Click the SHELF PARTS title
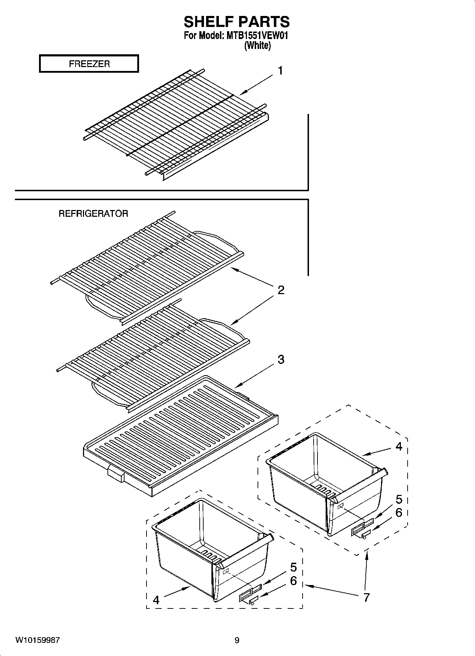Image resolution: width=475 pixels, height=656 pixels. pos(237,22)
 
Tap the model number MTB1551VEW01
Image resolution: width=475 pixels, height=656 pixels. pos(255,36)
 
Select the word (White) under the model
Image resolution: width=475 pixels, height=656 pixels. pos(258,45)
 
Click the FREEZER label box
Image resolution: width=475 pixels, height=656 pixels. pos(89,64)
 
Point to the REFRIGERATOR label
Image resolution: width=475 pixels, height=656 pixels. pos(93,214)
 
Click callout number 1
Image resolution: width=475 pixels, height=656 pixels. pos(280,71)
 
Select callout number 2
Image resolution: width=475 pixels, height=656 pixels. pos(281,291)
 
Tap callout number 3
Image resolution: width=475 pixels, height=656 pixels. pos(281,359)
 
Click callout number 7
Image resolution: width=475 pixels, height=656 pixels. pos(366,597)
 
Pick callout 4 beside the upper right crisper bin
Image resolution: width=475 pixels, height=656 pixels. pos(399,447)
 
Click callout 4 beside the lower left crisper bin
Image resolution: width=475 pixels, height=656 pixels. pos(156,600)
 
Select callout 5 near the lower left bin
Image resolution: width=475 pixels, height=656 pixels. pos(293,567)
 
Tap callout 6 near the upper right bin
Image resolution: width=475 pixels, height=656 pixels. pos(399,513)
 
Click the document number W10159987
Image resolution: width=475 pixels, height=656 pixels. pos(37,640)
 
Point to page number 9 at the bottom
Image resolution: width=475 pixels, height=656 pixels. pos(237,640)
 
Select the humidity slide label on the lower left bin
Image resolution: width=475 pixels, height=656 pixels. pos(245,597)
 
